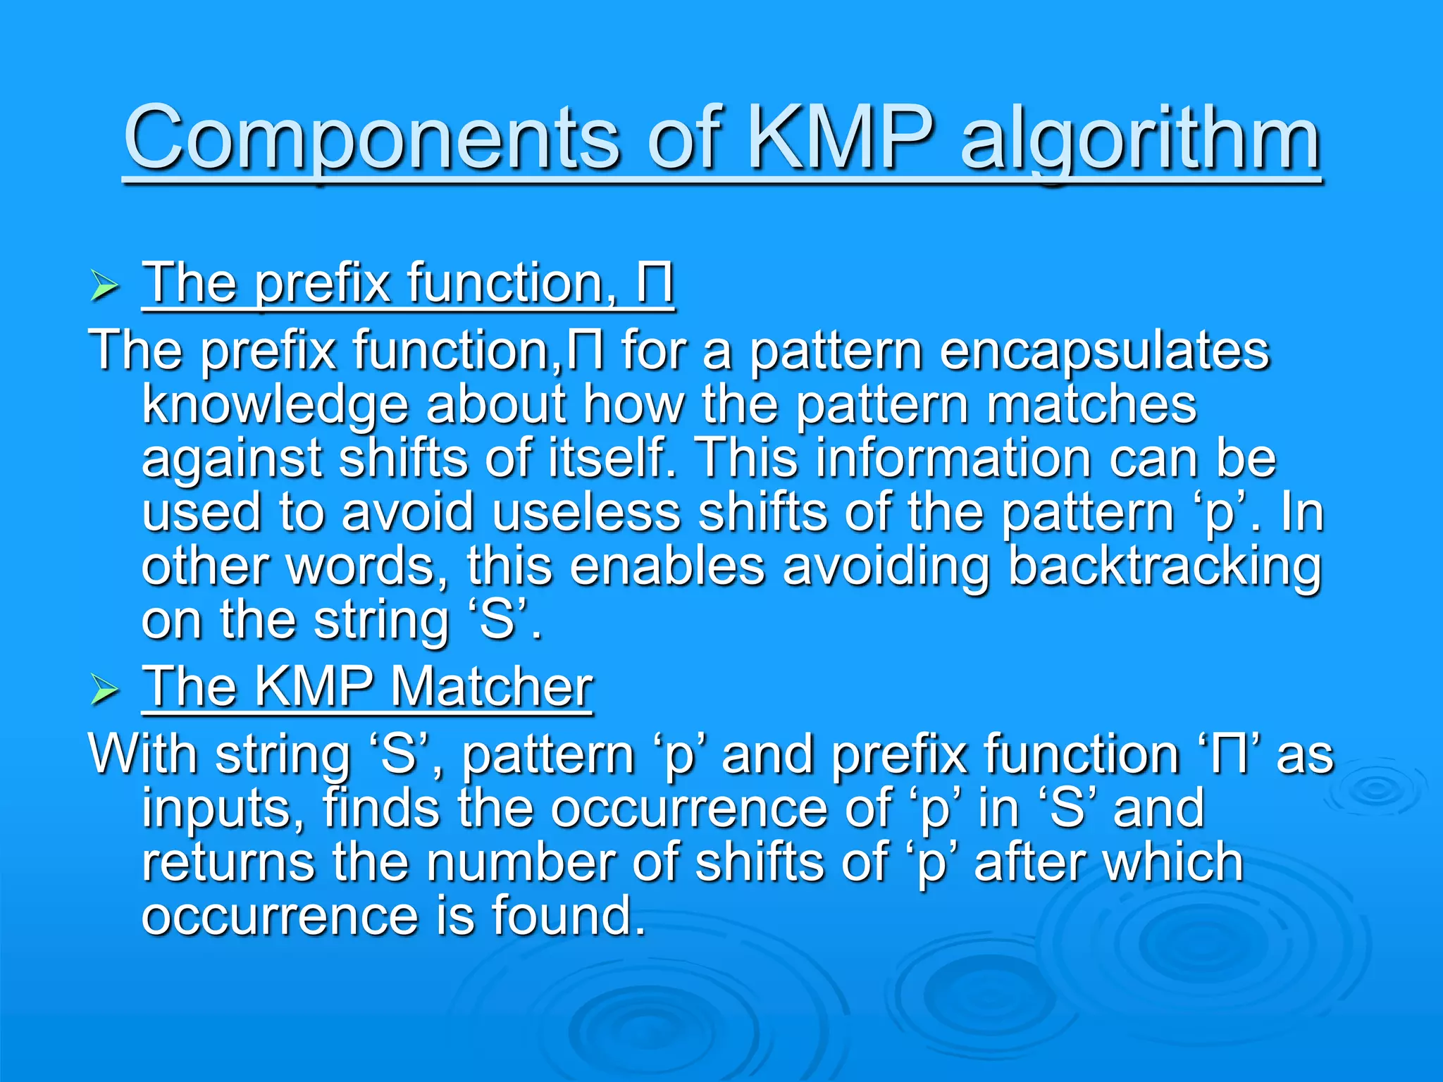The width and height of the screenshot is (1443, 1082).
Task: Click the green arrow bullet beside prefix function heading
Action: coord(104,287)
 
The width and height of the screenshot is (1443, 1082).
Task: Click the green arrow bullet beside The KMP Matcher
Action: coord(104,690)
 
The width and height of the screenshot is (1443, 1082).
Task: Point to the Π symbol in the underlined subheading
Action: coord(654,283)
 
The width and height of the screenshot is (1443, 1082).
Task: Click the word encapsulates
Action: coord(1104,350)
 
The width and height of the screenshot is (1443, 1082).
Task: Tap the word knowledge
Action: coord(275,405)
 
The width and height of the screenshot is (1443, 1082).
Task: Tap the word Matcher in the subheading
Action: coord(491,686)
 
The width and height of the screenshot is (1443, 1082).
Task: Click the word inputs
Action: coord(223,809)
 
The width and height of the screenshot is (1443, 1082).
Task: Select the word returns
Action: coord(228,862)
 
